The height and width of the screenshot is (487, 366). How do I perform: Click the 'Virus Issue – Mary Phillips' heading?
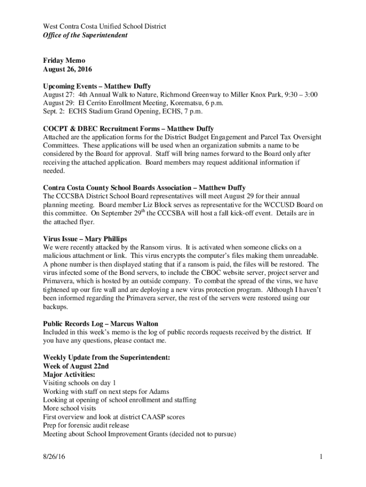click(85, 238)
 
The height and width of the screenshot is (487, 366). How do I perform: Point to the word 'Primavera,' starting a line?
click(59, 281)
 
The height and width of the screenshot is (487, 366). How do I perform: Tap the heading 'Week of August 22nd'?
click(76, 366)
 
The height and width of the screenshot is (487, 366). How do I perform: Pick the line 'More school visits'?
click(69, 408)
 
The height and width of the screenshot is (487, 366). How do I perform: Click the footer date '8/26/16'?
click(54, 458)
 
